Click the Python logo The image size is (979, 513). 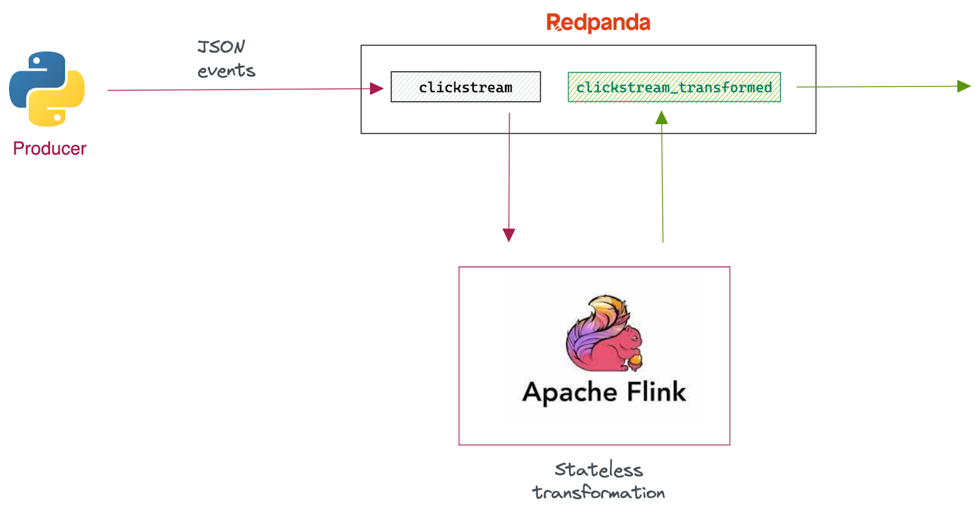[47, 89]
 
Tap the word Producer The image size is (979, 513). [50, 149]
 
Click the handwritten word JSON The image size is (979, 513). [221, 47]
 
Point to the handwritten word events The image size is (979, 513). [226, 71]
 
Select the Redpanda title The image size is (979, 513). [598, 23]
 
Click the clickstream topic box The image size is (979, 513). [466, 87]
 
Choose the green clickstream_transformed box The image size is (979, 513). [674, 87]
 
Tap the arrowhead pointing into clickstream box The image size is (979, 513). [377, 89]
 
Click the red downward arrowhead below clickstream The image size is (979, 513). [508, 235]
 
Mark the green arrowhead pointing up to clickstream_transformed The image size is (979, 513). [661, 118]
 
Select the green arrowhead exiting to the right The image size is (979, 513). [964, 86]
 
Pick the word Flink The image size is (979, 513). [656, 391]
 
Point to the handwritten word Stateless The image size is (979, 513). [598, 470]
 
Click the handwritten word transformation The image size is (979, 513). [598, 493]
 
